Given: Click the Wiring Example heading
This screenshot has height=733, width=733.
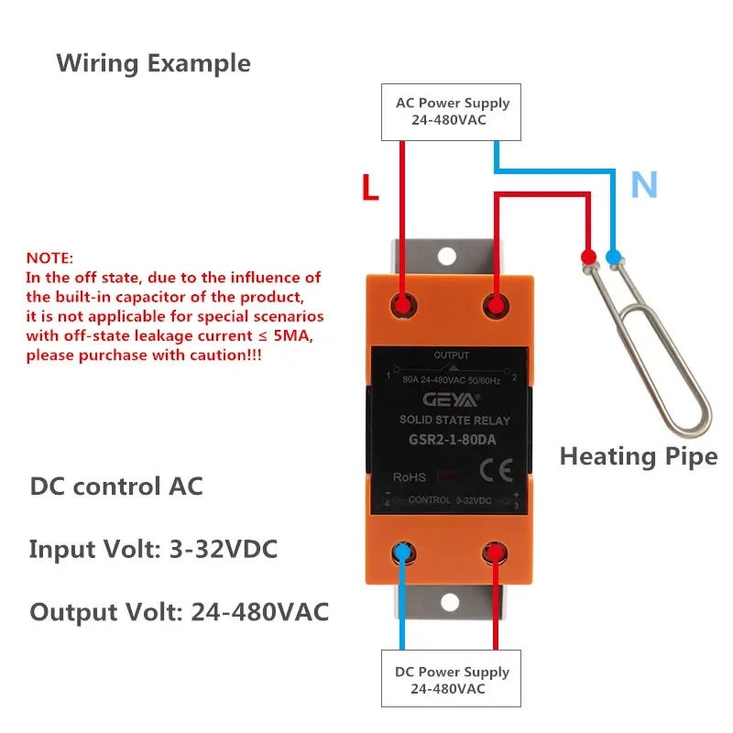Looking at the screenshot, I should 153,63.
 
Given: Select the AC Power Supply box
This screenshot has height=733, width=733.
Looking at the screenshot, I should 453,112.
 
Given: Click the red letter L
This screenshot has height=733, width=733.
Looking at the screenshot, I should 370,187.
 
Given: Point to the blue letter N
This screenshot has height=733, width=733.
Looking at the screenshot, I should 644,186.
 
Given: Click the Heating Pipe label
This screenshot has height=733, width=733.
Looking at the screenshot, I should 639,455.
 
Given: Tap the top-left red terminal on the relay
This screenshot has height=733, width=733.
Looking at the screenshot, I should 401,305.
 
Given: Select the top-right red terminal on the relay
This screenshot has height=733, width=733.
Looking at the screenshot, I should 496,305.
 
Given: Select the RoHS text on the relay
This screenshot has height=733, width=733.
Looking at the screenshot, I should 409,476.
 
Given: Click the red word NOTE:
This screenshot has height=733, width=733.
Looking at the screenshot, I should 49,258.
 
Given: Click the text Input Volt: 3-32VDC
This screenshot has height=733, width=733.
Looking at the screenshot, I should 153,550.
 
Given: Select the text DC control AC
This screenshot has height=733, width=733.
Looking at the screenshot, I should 115,487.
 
